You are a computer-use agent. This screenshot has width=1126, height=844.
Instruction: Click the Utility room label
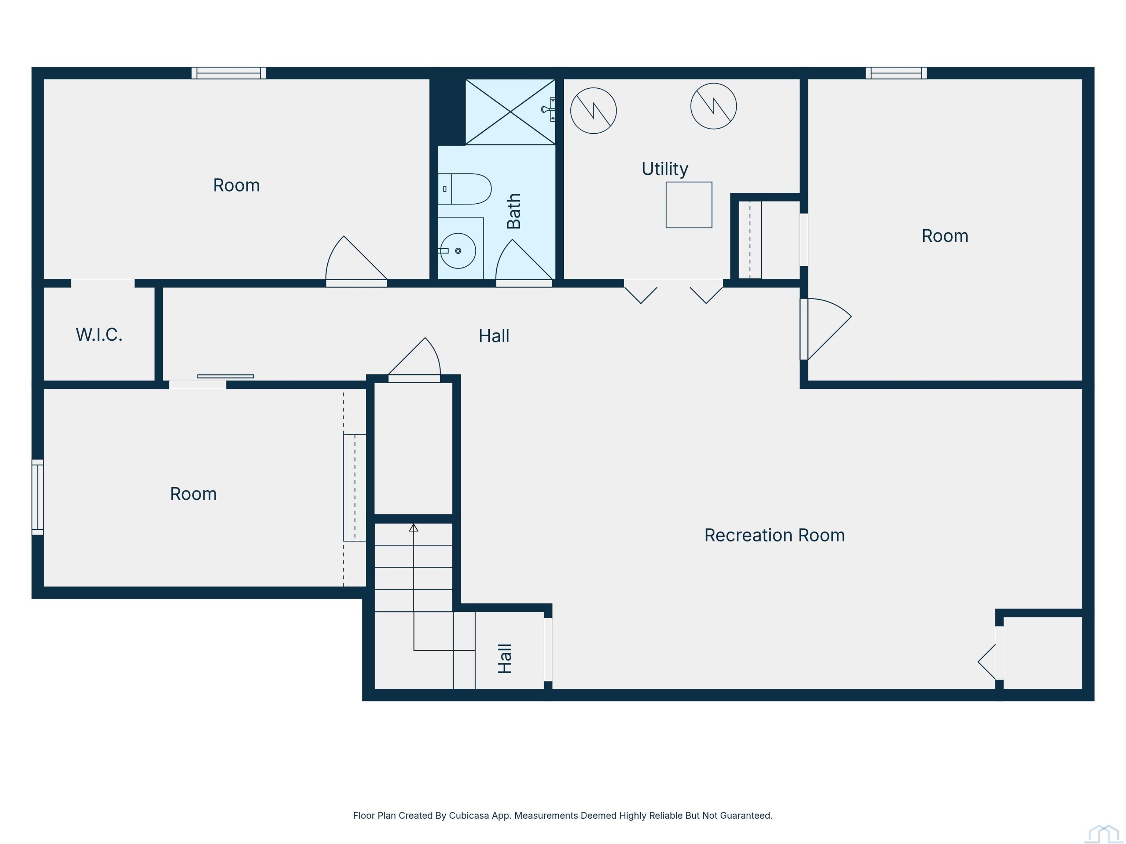(665, 169)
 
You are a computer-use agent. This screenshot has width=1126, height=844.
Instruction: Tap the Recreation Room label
(774, 535)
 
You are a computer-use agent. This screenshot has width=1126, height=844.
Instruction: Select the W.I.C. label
(99, 335)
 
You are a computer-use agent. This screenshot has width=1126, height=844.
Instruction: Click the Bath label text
(514, 211)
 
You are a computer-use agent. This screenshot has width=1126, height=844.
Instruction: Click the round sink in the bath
(458, 251)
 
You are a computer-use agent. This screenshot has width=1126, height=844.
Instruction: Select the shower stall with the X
(510, 112)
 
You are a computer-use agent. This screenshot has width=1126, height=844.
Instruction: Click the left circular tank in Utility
(593, 110)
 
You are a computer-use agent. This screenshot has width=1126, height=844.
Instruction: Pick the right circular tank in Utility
(714, 106)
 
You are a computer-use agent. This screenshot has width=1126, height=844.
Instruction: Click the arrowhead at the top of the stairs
(414, 528)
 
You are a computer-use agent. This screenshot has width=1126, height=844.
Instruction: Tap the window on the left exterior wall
(38, 497)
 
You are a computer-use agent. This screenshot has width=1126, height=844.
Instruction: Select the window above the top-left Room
(229, 73)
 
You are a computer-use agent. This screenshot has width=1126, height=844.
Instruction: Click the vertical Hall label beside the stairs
(504, 658)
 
